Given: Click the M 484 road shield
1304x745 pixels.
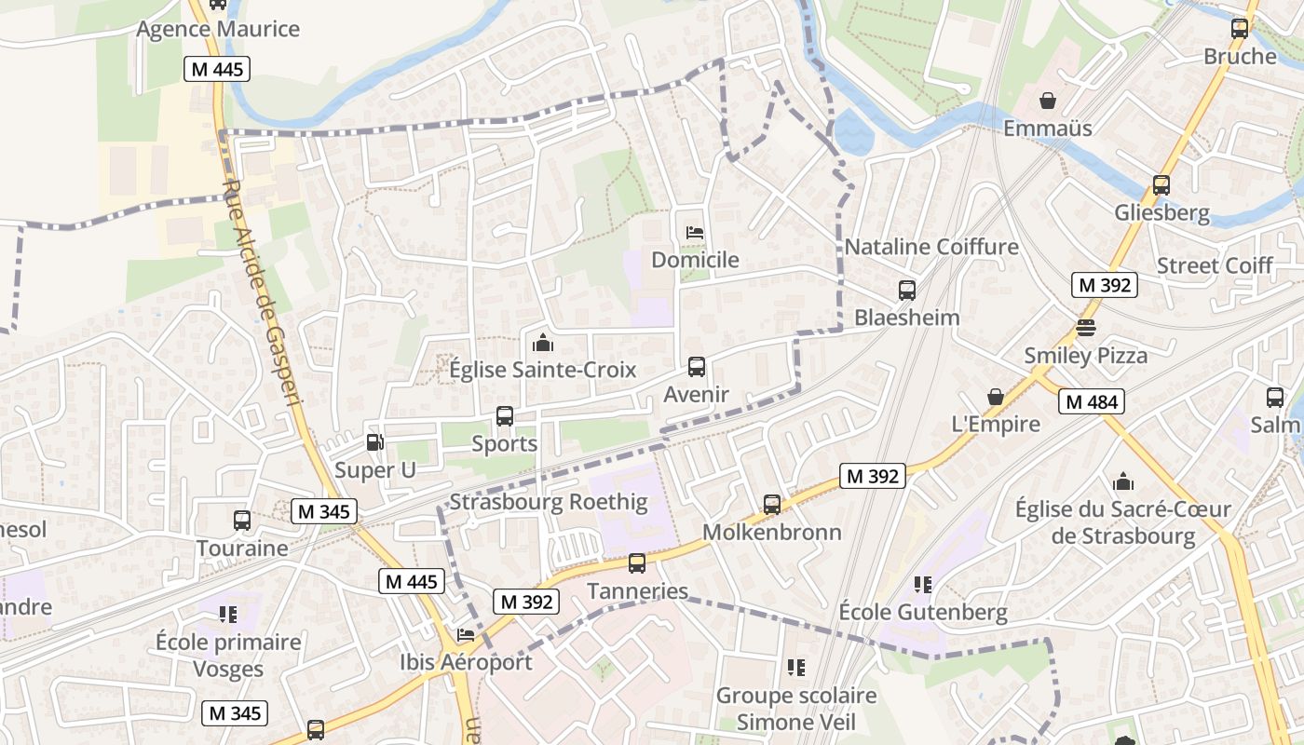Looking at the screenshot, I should point(1091,402).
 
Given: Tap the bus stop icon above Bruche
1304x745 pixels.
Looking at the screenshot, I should point(1239,29).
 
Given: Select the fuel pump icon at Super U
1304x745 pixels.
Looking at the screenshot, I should point(374,443).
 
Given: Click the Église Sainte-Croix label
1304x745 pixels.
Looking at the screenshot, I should point(542,370).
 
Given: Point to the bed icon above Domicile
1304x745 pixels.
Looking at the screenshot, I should point(694,233).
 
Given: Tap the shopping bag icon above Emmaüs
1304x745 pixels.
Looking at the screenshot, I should point(1048,100).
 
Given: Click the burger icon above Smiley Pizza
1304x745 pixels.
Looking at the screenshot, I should point(1086,328).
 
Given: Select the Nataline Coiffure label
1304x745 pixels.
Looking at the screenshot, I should point(931,248).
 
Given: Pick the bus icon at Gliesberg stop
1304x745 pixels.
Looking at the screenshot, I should point(1161,185).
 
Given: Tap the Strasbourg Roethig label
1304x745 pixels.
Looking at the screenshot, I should point(548,503).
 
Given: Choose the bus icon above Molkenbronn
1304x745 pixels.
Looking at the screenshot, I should point(771,505).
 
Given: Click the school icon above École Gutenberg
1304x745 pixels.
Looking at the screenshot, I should point(922,585).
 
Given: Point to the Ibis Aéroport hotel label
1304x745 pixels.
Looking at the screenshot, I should point(466,662).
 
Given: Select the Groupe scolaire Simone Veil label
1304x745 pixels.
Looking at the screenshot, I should point(796,709).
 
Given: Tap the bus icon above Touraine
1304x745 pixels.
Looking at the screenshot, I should point(242,521).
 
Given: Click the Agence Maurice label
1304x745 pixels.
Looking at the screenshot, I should point(218,29).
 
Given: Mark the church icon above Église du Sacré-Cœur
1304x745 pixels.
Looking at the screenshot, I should point(1123,481).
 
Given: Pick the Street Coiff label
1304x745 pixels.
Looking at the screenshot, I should point(1215,266).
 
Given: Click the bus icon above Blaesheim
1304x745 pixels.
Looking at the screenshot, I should point(906,290).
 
